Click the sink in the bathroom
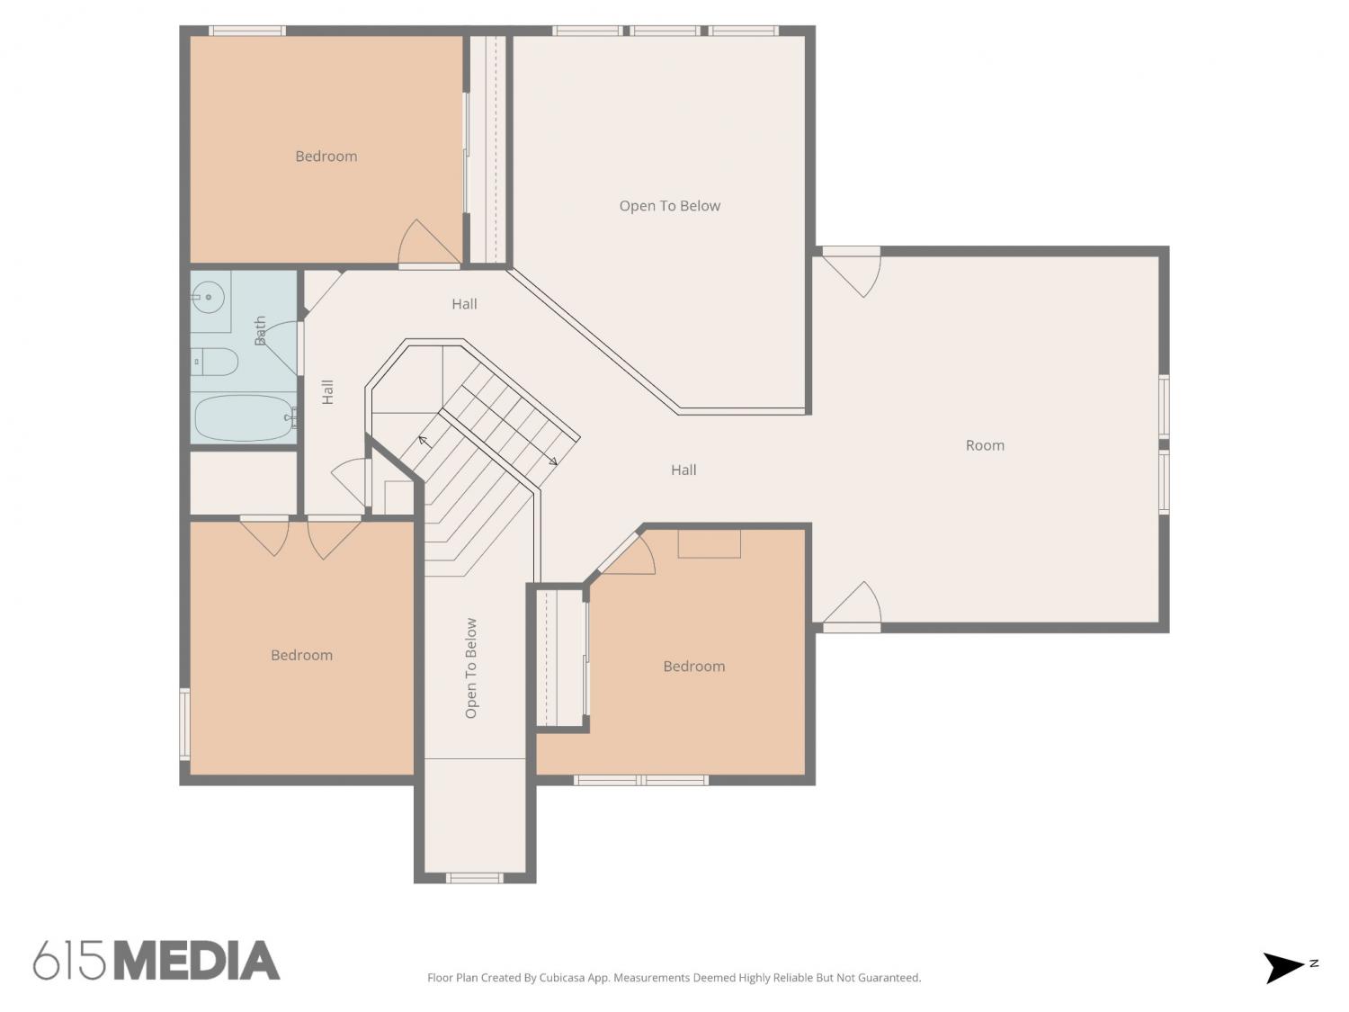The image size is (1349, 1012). (x=208, y=298)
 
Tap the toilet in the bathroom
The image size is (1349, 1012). (x=214, y=362)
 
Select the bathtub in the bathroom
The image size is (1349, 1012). (x=245, y=417)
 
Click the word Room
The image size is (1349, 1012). (x=985, y=445)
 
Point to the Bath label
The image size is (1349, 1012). (x=260, y=330)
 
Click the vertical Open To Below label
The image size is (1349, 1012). (x=470, y=667)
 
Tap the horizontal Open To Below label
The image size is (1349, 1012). (x=669, y=206)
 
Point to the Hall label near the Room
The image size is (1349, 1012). (x=683, y=470)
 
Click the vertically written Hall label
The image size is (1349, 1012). (x=327, y=391)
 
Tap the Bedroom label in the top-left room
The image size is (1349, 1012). (x=326, y=156)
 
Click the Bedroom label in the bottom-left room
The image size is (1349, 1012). (x=302, y=655)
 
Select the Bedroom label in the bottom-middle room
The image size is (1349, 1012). (x=694, y=666)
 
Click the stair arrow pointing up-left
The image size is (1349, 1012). (x=424, y=441)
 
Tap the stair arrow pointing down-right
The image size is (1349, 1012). (x=552, y=461)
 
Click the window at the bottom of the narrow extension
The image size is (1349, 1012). (x=475, y=878)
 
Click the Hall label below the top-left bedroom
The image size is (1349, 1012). (x=464, y=303)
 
